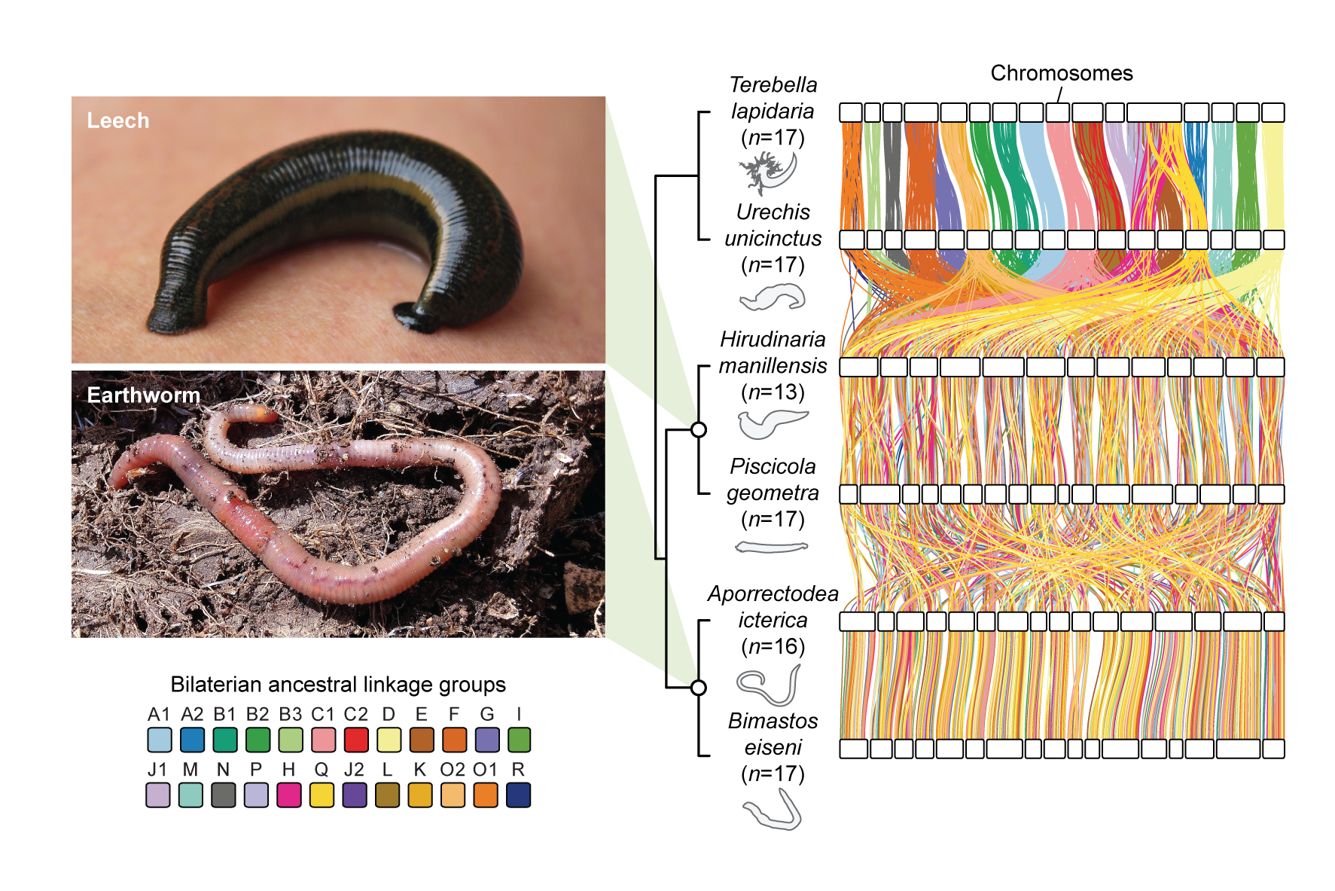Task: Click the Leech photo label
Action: (x=118, y=121)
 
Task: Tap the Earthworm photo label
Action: (x=143, y=395)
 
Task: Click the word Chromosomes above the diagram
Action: (x=1061, y=73)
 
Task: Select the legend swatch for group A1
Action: (x=160, y=740)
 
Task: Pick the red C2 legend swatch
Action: (x=356, y=740)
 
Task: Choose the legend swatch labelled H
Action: (x=289, y=795)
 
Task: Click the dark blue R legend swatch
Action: (x=519, y=795)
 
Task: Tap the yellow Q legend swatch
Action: (x=322, y=795)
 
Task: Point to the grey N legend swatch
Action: (x=224, y=795)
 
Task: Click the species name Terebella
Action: (x=773, y=84)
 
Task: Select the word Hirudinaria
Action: (x=773, y=339)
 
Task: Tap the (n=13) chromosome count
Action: (x=773, y=392)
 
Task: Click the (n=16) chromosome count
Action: (x=773, y=646)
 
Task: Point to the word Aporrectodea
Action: (x=773, y=593)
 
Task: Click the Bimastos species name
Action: (x=773, y=721)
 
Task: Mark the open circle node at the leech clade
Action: (x=699, y=429)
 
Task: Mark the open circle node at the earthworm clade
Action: (x=699, y=687)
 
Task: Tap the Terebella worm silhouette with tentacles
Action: (x=768, y=172)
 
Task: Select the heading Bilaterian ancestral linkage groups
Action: (x=338, y=684)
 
